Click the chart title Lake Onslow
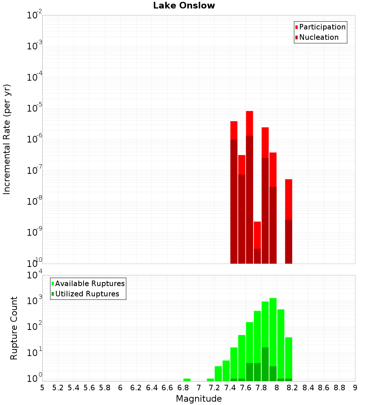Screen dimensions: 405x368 (x=184, y=6)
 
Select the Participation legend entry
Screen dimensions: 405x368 (x=322, y=27)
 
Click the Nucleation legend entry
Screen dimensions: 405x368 (x=319, y=37)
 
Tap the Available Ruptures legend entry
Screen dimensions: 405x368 (x=90, y=283)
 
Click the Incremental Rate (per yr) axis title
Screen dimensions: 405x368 (x=7, y=140)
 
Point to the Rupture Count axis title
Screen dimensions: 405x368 (x=14, y=328)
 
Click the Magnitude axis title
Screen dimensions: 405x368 (x=199, y=399)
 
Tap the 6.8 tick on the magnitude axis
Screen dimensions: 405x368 (x=183, y=388)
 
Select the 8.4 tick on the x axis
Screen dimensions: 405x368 (x=308, y=388)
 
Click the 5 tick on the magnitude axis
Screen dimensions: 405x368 (x=42, y=388)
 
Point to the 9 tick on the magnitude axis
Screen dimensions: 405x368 (x=355, y=388)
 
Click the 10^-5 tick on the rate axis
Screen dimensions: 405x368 (x=35, y=108)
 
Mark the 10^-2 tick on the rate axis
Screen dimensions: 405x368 (x=35, y=15)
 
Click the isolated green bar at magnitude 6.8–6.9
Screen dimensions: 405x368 (x=187, y=380)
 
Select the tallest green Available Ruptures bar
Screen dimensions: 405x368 (x=273, y=339)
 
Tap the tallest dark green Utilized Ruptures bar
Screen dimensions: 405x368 (x=265, y=364)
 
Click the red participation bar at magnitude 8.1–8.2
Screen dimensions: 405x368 (x=289, y=199)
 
